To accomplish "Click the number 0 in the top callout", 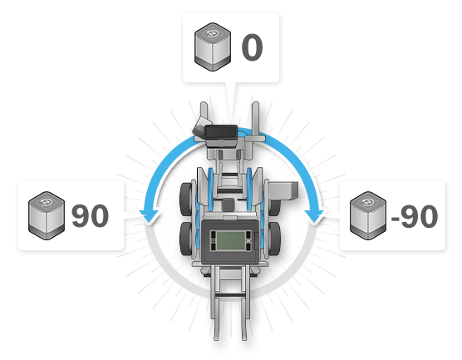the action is point(253,47).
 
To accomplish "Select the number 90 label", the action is point(91,216).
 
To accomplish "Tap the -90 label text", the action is point(415,217).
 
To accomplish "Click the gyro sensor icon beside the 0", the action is point(213,47).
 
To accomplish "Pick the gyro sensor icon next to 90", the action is point(47,216).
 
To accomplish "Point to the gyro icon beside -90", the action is point(368,216).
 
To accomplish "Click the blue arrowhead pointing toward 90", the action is point(150,216).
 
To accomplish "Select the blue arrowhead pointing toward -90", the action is point(314,216).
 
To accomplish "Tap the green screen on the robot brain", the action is point(231,240).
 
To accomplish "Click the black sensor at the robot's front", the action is point(221,132).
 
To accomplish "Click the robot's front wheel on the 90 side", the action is point(186,200).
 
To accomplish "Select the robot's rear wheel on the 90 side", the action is point(186,239).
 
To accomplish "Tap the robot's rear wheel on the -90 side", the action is point(274,239).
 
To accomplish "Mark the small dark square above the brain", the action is point(228,205).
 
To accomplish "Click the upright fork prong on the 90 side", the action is point(204,116).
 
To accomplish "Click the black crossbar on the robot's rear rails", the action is point(230,295).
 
